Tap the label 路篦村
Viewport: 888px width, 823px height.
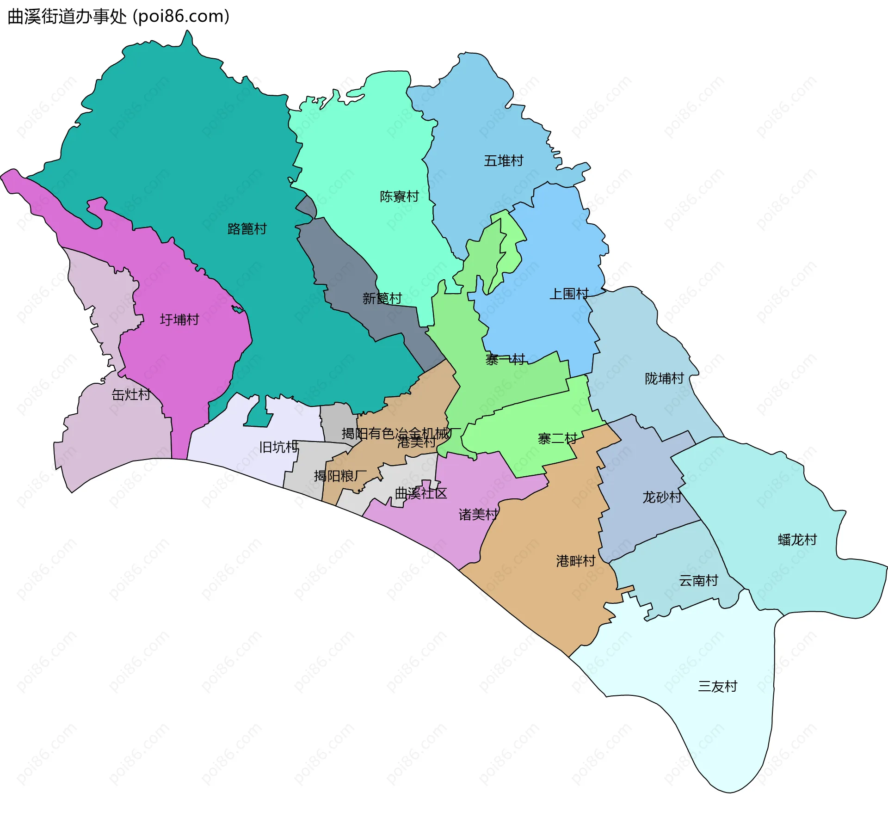pos(247,229)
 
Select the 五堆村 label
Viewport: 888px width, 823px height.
pos(504,161)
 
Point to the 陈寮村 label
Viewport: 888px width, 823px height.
pos(399,197)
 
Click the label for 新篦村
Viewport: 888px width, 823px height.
pos(382,299)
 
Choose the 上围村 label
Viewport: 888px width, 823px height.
pos(569,294)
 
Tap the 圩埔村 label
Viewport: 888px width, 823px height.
pos(179,319)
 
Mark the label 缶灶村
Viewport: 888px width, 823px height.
pos(131,394)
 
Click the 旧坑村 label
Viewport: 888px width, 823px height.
pos(278,447)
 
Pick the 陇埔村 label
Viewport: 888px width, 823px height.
pos(664,379)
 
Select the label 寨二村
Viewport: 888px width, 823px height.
pos(557,439)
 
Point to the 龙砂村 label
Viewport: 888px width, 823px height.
pos(662,497)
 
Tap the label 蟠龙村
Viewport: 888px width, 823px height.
pos(797,540)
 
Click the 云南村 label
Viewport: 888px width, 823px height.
pos(698,580)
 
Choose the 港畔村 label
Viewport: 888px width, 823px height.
pos(575,561)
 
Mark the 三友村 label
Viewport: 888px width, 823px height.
pos(717,686)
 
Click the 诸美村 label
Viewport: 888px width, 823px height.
pos(478,514)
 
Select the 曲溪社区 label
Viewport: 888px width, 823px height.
pos(421,493)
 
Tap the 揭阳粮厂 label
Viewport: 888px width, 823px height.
pos(340,476)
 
